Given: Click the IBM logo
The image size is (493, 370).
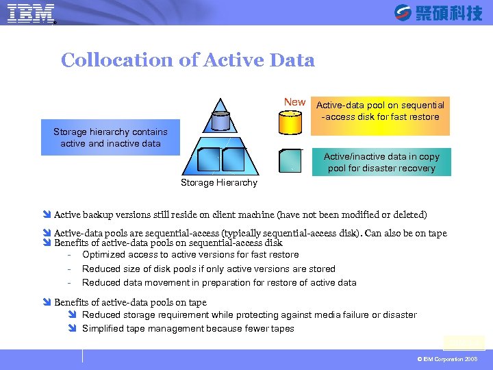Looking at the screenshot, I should coord(31,14).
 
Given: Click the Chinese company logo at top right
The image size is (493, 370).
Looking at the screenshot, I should coord(438,12).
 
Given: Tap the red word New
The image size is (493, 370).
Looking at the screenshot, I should coord(294,102).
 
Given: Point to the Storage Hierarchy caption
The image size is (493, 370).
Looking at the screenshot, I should coord(219,182).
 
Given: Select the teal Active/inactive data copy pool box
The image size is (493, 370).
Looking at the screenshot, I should coord(381,162).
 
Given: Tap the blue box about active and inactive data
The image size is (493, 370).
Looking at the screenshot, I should coord(110,138).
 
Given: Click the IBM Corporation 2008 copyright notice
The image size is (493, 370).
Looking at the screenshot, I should coord(447,359).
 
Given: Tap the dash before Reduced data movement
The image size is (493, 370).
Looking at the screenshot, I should coord(71,282).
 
